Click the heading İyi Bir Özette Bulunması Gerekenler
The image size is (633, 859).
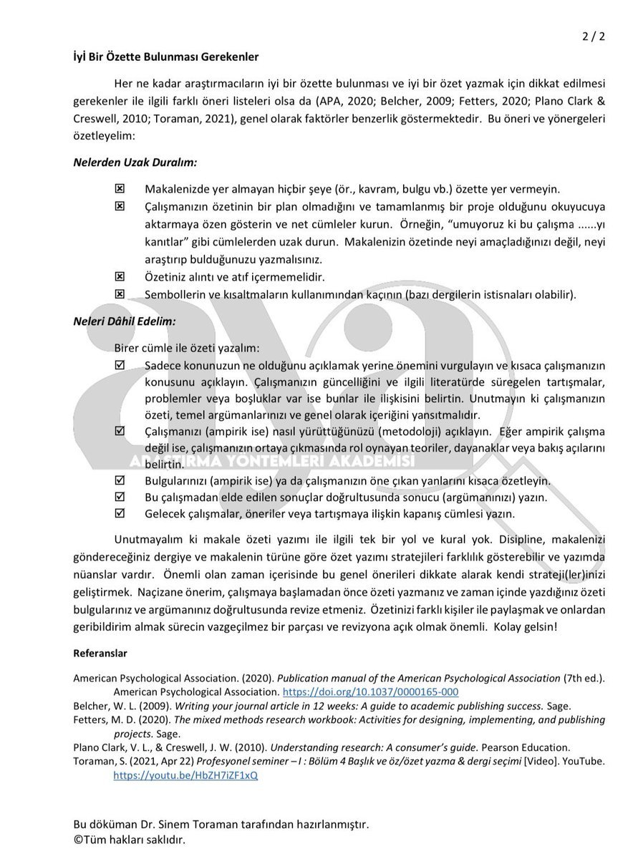(166, 56)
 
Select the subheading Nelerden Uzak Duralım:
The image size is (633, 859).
(135, 162)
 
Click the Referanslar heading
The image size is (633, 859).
(100, 653)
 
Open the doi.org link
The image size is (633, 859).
(371, 692)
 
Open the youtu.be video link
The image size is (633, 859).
(185, 775)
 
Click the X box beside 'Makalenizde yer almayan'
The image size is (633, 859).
(120, 189)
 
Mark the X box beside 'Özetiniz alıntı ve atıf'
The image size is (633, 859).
(120, 276)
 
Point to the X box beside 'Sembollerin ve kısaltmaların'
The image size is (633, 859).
(120, 293)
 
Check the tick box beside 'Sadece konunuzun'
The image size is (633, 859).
(120, 365)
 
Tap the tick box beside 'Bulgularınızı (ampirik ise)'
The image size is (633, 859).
(120, 480)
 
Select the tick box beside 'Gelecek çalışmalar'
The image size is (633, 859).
(120, 513)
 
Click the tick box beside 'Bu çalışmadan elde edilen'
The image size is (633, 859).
(120, 497)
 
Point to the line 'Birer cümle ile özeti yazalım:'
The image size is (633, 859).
(187, 349)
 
